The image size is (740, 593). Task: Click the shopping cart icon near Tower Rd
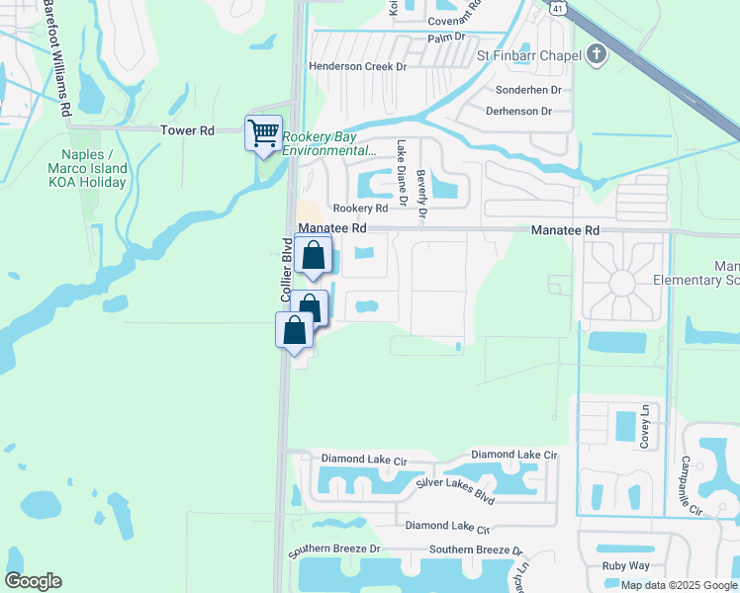[263, 132]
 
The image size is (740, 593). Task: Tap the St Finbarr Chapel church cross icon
[596, 55]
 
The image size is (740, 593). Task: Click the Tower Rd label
[187, 130]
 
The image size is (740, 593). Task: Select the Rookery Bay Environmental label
[328, 144]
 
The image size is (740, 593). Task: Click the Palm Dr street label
[446, 38]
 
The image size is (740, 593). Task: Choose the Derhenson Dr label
[518, 112]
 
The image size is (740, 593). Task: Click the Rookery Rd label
[360, 209]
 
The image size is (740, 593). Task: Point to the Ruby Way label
[625, 566]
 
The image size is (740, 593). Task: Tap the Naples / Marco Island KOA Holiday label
[95, 168]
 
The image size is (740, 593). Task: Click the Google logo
[33, 581]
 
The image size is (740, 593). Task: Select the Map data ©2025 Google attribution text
[678, 585]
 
